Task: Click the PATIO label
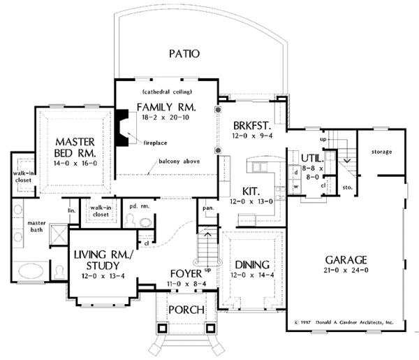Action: pyautogui.click(x=184, y=53)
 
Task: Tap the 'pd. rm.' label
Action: pyautogui.click(x=137, y=206)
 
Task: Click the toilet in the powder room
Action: pyautogui.click(x=145, y=222)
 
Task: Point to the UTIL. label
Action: pyautogui.click(x=312, y=159)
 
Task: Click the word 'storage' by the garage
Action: pyautogui.click(x=381, y=152)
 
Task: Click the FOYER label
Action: pyautogui.click(x=184, y=273)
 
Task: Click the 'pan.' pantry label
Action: pyautogui.click(x=208, y=208)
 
